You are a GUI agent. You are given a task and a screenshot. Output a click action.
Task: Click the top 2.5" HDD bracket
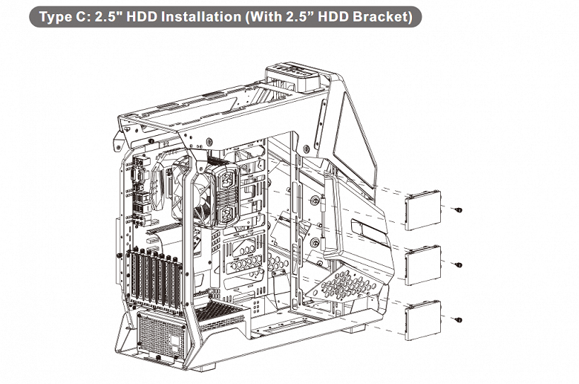423,210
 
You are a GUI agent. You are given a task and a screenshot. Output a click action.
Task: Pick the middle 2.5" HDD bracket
423,265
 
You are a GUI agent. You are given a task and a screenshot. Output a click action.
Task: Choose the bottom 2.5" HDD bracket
423,320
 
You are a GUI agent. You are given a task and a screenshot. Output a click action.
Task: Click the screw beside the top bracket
458,210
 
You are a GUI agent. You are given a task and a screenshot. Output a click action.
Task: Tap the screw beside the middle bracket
458,265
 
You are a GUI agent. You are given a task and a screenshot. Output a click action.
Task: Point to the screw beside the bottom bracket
458,319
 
